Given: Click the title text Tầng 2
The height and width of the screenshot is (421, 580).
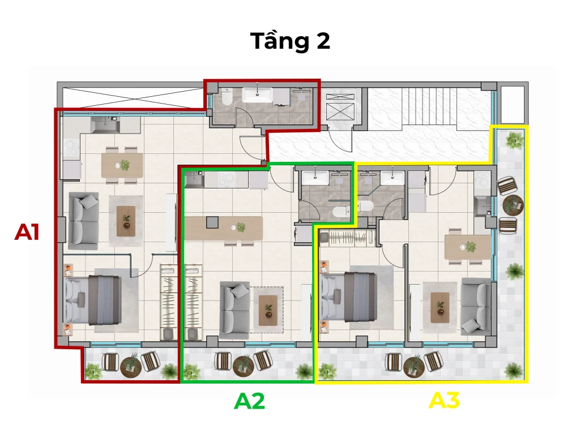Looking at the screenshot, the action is [x=290, y=41].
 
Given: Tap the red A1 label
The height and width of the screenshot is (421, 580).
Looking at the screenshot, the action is [x=27, y=232].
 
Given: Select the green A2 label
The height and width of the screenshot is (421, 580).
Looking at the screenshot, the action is [x=250, y=401].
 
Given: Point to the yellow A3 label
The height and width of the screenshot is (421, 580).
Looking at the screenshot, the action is [x=444, y=400].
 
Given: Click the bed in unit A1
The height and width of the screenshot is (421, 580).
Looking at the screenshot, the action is [x=92, y=300].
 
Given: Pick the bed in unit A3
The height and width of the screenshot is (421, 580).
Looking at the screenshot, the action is [x=349, y=297].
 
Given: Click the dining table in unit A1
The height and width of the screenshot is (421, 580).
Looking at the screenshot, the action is [x=122, y=165].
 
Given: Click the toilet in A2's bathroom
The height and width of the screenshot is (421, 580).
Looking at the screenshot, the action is [x=340, y=212].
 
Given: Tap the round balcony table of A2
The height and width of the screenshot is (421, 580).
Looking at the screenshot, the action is [x=243, y=364].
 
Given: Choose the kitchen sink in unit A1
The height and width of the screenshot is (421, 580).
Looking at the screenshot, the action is [x=105, y=125].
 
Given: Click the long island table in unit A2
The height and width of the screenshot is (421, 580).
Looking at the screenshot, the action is [x=223, y=229].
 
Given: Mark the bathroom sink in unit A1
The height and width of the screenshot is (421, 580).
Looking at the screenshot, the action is [x=258, y=94].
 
